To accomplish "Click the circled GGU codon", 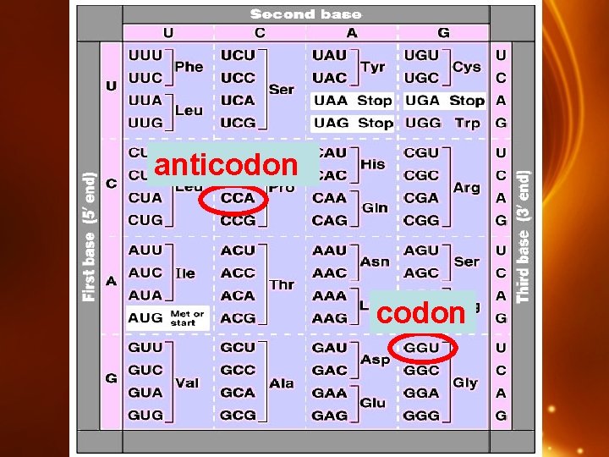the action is click(422, 348).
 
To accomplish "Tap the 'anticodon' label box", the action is click(226, 164).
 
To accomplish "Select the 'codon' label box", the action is click(420, 312).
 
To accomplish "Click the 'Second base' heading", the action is click(305, 14).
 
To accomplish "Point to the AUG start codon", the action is click(145, 318).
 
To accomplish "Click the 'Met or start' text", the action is click(187, 318).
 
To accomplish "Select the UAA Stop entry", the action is click(352, 101).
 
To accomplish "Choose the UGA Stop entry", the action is click(444, 101).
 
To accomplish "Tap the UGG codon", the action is click(422, 123).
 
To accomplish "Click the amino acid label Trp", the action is click(467, 123).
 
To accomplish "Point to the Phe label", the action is click(188, 66).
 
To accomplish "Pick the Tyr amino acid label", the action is click(372, 66).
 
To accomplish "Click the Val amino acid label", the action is click(187, 383).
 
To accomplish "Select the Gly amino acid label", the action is click(465, 383).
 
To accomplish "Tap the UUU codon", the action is click(145, 55).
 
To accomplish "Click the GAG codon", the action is click(330, 416).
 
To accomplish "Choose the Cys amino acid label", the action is click(466, 66).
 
